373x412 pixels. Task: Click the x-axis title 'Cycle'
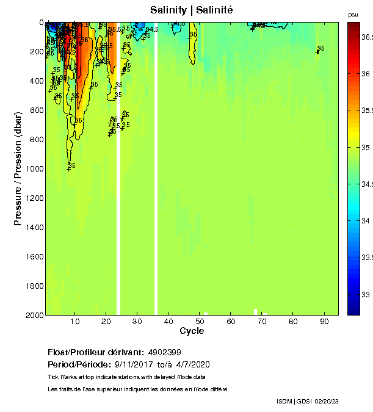pyautogui.click(x=192, y=331)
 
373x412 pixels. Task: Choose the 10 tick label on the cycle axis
pyautogui.click(x=74, y=322)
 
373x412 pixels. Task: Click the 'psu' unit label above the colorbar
pyautogui.click(x=353, y=14)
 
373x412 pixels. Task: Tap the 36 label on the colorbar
pyautogui.click(x=366, y=73)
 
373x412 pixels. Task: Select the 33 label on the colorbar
pyautogui.click(x=366, y=294)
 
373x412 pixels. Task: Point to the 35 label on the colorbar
pyautogui.click(x=366, y=147)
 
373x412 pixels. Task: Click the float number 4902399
pyautogui.click(x=164, y=353)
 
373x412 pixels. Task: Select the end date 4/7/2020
pyautogui.click(x=192, y=364)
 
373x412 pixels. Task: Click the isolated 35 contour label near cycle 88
pyautogui.click(x=321, y=48)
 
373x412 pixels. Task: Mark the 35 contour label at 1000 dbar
pyautogui.click(x=71, y=165)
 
